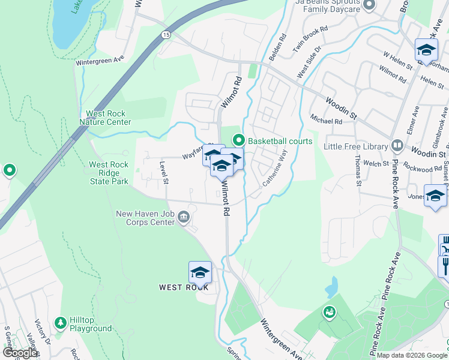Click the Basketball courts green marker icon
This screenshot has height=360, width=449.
239,141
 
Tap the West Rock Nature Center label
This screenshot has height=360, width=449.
105,118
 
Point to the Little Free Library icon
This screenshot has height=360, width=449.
397,146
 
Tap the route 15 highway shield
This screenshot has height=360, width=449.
165,35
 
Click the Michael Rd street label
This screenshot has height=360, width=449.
326,121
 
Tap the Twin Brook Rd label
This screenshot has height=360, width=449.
310,37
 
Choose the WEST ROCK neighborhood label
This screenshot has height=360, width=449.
183,287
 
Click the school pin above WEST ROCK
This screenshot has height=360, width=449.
200,273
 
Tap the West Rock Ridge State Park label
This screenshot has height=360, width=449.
109,173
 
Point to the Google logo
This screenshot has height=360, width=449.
20,353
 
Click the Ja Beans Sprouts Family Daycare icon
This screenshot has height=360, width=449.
369,5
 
